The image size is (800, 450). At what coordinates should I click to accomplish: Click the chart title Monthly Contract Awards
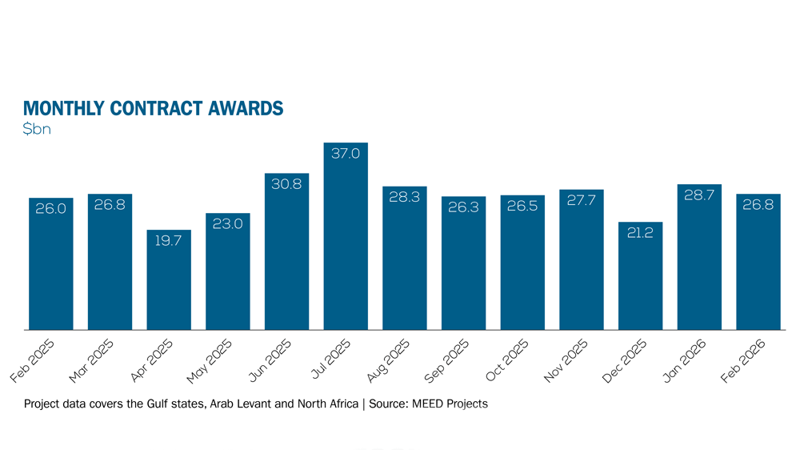click(153, 108)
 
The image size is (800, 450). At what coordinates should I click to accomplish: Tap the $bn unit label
click(38, 129)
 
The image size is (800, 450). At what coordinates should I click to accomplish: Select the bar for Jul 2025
click(346, 240)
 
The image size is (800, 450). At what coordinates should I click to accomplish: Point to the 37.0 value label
click(346, 153)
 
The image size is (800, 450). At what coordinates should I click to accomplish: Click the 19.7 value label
click(169, 240)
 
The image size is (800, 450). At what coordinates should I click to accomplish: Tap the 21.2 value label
click(641, 232)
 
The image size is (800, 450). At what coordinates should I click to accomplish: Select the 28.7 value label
click(699, 195)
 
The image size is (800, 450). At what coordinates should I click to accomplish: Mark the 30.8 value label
click(286, 183)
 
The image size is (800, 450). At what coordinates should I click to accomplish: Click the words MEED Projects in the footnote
click(450, 404)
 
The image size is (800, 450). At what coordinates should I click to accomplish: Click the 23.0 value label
click(227, 223)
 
